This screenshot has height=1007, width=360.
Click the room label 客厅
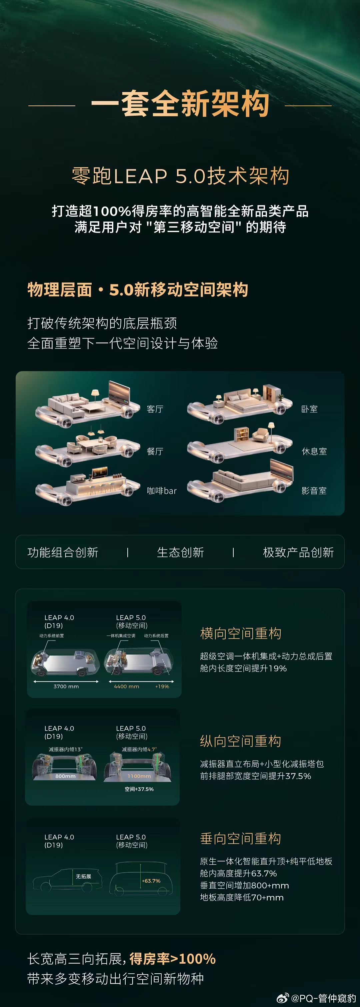(x=155, y=409)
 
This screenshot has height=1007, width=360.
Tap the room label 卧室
(x=309, y=409)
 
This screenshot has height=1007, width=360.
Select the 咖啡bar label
(x=161, y=490)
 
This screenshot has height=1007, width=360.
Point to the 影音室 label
(x=314, y=490)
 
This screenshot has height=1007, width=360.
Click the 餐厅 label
(x=155, y=451)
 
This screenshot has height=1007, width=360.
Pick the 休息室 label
(x=314, y=451)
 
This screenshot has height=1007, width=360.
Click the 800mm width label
(x=65, y=776)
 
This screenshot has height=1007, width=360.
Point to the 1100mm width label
(x=139, y=776)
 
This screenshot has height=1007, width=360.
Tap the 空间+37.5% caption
(x=139, y=789)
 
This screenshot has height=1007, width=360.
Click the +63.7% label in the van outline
(x=151, y=881)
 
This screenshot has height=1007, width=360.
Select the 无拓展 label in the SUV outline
(x=83, y=876)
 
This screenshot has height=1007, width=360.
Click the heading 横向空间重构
(x=240, y=633)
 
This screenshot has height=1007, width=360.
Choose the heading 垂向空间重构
(x=240, y=838)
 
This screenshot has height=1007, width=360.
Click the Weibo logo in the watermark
(x=283, y=998)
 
